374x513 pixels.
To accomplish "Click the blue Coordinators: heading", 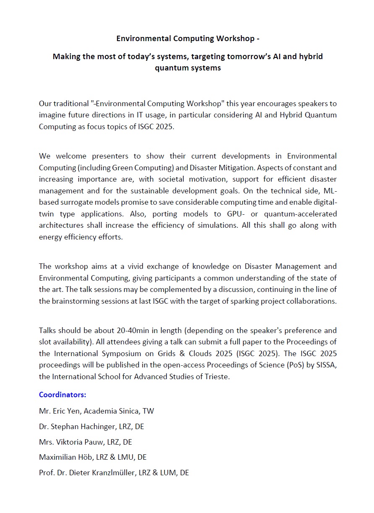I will [63, 395].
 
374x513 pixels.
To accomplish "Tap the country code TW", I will [149, 411].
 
